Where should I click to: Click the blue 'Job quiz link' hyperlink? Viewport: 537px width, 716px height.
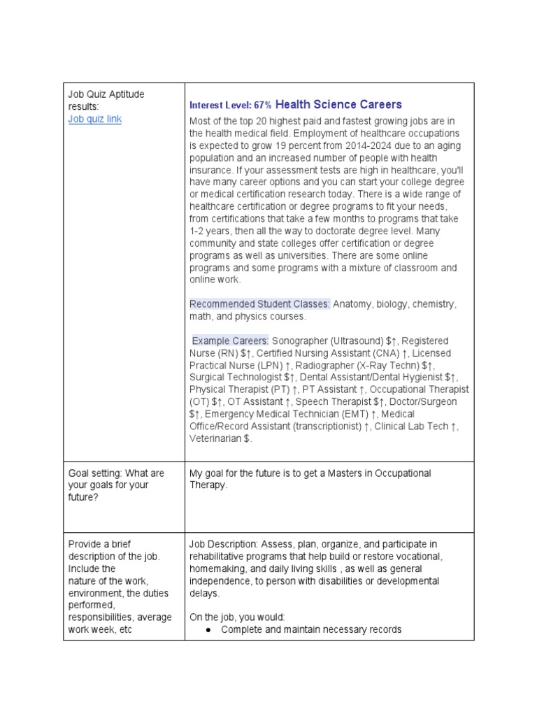(x=94, y=119)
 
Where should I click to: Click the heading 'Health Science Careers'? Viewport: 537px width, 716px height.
(x=338, y=104)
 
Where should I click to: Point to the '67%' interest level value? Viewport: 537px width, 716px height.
(x=263, y=105)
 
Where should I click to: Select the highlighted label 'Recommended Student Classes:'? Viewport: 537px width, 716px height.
(x=260, y=304)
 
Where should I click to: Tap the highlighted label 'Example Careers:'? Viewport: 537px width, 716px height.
(x=231, y=341)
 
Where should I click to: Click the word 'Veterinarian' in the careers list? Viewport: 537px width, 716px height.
(x=215, y=438)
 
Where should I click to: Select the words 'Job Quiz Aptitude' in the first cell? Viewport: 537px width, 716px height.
(x=106, y=94)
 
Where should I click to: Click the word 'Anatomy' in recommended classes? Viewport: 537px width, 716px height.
(x=353, y=304)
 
